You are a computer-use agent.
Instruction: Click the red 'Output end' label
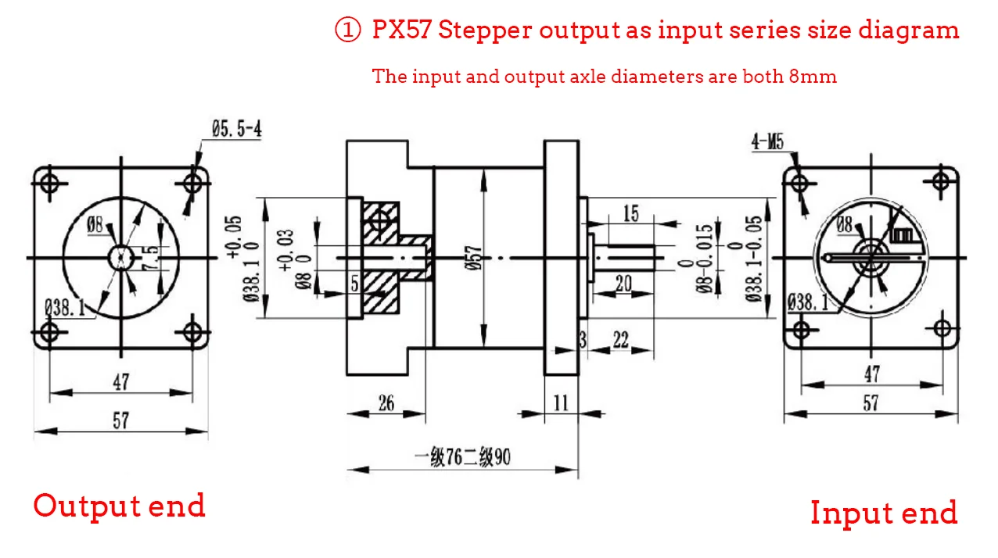click(119, 506)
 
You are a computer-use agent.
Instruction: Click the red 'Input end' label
click(883, 513)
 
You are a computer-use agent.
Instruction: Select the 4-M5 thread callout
click(766, 141)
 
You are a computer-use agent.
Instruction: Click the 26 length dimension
click(386, 403)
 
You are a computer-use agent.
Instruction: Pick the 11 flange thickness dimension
click(561, 403)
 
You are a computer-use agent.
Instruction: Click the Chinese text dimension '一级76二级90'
click(462, 457)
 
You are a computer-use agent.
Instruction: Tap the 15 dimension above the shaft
click(630, 213)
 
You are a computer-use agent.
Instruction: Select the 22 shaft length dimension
click(620, 339)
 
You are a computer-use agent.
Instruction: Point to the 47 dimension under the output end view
click(120, 382)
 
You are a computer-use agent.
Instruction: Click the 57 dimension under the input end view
click(870, 403)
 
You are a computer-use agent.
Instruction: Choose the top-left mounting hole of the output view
click(49, 184)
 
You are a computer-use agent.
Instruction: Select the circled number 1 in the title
click(347, 30)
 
